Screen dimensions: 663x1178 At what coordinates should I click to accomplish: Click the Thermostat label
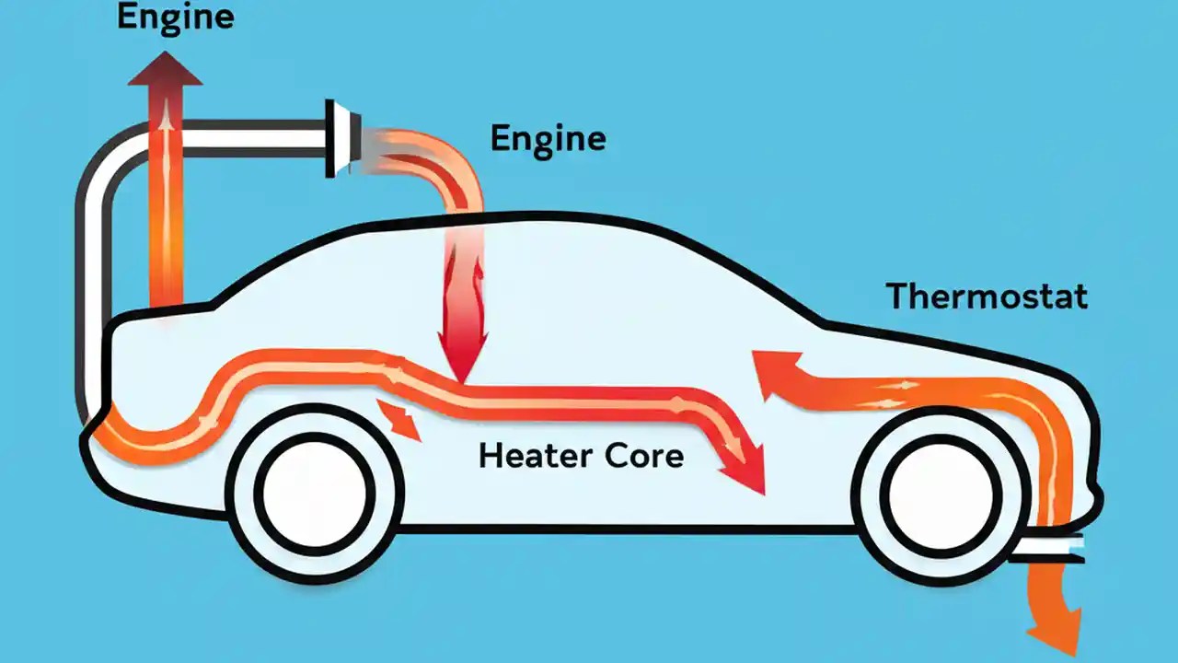[x=987, y=297]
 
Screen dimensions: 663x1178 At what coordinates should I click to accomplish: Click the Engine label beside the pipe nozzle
[x=548, y=138]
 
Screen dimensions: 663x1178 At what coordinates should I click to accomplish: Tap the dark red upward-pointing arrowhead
[x=165, y=68]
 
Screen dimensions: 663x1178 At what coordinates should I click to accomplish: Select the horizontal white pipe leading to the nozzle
[x=248, y=137]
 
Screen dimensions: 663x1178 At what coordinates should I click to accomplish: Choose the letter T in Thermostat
[x=897, y=297]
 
